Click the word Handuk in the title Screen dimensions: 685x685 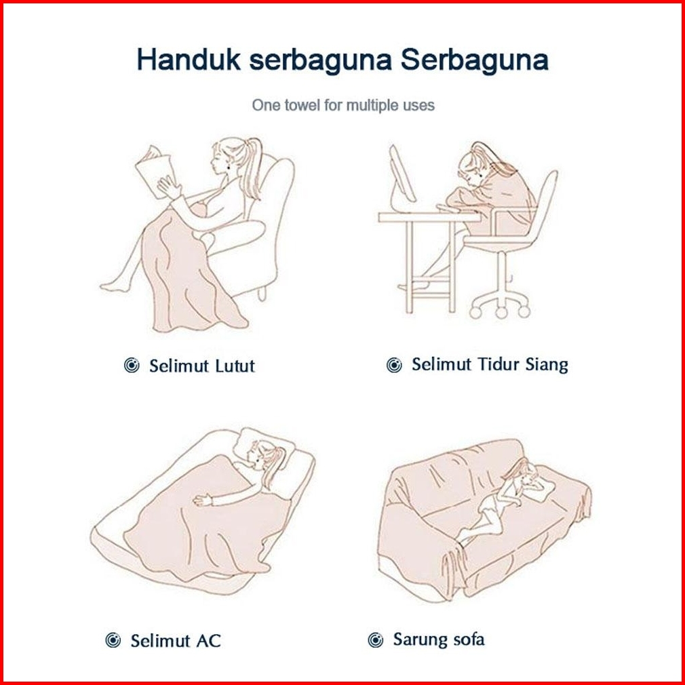pyautogui.click(x=189, y=59)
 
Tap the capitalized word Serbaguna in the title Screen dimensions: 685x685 pyautogui.click(x=475, y=60)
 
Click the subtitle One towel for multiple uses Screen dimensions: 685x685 pyautogui.click(x=343, y=105)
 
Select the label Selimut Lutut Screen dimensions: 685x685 pyautogui.click(x=202, y=366)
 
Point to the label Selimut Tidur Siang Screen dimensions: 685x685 pyautogui.click(x=490, y=364)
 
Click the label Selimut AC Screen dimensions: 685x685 pyautogui.click(x=176, y=641)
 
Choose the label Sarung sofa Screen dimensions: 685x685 pyautogui.click(x=439, y=640)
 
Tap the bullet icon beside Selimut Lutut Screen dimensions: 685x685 pyautogui.click(x=132, y=365)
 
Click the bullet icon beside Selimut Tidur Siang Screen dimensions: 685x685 pyautogui.click(x=394, y=365)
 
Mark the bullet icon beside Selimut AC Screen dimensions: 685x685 pyautogui.click(x=113, y=640)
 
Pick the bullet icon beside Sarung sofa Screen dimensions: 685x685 pyautogui.click(x=375, y=640)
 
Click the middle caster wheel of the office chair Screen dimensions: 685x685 pyautogui.click(x=501, y=312)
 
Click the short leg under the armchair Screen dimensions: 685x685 pyautogui.click(x=261, y=293)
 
